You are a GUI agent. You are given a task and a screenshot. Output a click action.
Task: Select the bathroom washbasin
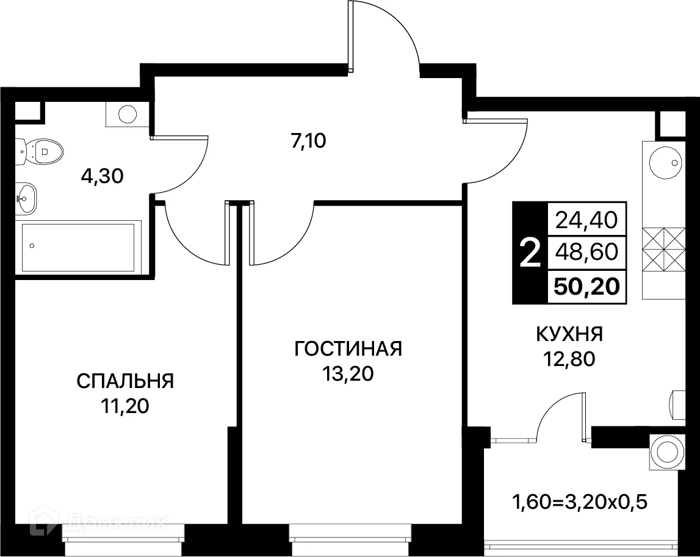(26, 198)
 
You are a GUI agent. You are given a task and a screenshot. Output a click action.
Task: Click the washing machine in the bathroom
(127, 114)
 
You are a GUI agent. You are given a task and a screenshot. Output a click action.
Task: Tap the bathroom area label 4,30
(103, 176)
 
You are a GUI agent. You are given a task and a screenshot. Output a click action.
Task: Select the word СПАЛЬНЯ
(125, 381)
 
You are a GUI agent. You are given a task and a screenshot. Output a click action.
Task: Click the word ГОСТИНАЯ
(348, 349)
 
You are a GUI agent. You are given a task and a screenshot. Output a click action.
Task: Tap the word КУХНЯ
(569, 334)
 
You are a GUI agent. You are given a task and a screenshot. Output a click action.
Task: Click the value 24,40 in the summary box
(586, 218)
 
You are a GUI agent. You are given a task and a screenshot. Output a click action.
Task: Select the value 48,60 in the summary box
(586, 252)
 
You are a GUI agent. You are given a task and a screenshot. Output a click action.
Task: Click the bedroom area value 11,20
(125, 406)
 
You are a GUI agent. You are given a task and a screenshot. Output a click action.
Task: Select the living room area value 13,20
(348, 374)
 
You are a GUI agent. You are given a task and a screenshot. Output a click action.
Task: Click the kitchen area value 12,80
(569, 359)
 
